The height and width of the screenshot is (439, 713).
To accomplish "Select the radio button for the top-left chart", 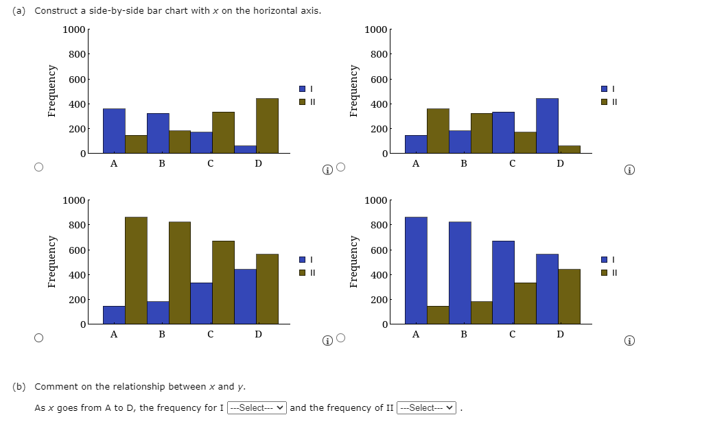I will [38, 167].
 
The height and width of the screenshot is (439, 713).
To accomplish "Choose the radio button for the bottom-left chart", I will [38, 338].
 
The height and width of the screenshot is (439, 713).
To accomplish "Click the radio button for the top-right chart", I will [340, 167].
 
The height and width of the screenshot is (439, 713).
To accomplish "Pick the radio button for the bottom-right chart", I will [340, 338].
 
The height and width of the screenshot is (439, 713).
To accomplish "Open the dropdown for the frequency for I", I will [257, 408].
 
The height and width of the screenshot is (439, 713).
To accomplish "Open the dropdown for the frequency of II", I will [426, 408].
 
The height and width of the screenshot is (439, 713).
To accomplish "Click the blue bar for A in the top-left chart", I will [114, 130].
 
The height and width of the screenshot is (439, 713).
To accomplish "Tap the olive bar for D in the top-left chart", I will [267, 126].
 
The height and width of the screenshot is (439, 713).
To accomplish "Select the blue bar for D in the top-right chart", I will [547, 126].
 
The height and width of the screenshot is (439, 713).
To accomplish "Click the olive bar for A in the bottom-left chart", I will [136, 270].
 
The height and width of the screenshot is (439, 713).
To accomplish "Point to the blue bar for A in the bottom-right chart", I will [416, 270].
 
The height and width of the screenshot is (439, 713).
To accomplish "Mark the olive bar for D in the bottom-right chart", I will [569, 296].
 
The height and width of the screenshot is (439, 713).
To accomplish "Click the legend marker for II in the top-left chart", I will [303, 102].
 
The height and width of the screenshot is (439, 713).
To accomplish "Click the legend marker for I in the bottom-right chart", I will [605, 259].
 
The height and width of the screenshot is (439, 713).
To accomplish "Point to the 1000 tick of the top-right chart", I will [376, 29].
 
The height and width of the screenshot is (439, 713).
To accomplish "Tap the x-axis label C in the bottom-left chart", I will [210, 335].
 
